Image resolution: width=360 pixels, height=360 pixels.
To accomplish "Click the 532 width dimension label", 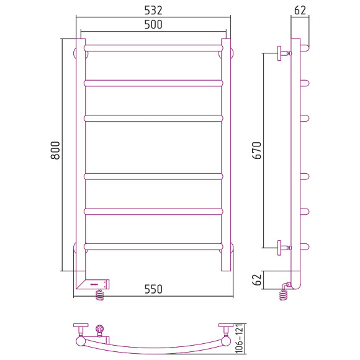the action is click(153, 11).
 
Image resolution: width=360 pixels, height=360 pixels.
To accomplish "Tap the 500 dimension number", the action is click(153, 25).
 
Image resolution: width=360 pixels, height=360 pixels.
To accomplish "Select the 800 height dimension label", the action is click(55, 150).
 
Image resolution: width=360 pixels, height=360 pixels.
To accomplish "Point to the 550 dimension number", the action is click(153, 289).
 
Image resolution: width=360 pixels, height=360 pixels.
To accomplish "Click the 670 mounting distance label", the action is click(257, 150).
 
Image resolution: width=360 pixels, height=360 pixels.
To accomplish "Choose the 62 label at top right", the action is click(300, 11).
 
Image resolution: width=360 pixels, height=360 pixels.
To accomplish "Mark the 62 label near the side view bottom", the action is click(257, 280).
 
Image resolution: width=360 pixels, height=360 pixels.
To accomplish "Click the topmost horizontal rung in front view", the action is click(153, 48).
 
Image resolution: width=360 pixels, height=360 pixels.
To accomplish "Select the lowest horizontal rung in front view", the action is click(153, 246).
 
